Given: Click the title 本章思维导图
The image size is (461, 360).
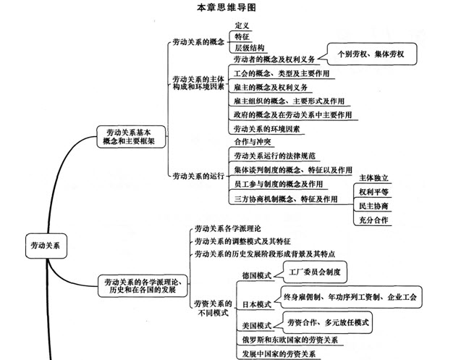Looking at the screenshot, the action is click(227, 7).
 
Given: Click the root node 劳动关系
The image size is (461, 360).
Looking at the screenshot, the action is click(46, 246).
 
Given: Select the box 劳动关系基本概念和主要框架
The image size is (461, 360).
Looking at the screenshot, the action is click(131, 137).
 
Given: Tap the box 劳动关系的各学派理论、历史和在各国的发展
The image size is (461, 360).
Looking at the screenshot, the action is click(143, 286).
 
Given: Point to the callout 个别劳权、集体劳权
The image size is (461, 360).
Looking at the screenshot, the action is click(372, 54).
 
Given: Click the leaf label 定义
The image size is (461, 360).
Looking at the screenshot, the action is click(242, 25).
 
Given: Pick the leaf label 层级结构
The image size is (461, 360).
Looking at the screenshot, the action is click(249, 48).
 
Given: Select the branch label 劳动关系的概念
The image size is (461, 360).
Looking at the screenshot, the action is click(198, 42).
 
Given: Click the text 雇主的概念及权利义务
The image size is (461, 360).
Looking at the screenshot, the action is click(271, 88).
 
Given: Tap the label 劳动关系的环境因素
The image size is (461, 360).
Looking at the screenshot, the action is click(267, 129).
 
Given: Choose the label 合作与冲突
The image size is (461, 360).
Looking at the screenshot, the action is click(253, 142).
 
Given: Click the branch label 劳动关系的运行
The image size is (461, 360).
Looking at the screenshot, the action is click(198, 176).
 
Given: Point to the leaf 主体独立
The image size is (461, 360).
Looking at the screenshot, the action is click(373, 177).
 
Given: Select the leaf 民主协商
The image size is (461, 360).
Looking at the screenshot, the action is click(373, 206).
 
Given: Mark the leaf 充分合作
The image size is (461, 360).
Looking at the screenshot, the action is click(373, 220).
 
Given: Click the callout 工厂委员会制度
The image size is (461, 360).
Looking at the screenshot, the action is click(315, 272).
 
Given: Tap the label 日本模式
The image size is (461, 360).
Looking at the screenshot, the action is click(257, 304).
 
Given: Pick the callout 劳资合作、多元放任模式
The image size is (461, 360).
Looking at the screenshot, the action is click(328, 322).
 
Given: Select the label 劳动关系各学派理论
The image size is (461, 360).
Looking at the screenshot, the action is click(228, 229).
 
